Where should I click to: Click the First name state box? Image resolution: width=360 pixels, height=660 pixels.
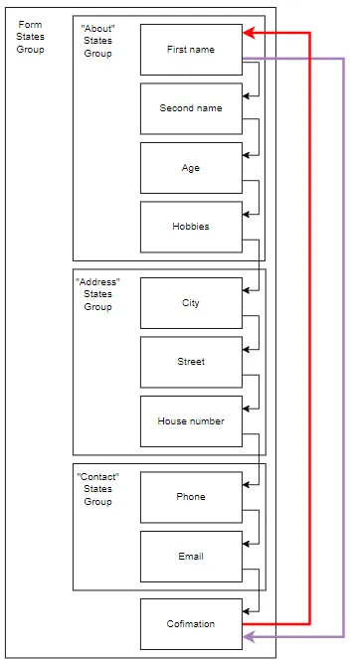click(x=191, y=49)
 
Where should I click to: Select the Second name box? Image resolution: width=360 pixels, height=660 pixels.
click(x=191, y=108)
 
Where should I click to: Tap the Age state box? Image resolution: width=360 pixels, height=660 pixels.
click(x=191, y=168)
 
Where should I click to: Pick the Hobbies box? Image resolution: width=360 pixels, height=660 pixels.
click(x=191, y=227)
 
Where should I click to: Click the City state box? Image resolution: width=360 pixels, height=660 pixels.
click(x=191, y=303)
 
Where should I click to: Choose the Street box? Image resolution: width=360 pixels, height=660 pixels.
click(x=191, y=362)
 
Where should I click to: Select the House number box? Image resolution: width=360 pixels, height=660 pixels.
click(x=191, y=421)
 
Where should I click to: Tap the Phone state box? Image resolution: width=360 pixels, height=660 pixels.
click(x=191, y=497)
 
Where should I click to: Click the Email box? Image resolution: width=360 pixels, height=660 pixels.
click(x=191, y=557)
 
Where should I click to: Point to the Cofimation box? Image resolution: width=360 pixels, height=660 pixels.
click(x=191, y=623)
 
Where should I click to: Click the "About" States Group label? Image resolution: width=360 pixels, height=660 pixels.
click(x=96, y=41)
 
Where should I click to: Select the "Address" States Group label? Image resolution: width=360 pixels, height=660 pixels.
click(x=97, y=294)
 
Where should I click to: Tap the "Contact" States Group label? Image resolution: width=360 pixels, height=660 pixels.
click(x=97, y=489)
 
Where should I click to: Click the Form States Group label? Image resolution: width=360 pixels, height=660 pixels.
click(x=31, y=37)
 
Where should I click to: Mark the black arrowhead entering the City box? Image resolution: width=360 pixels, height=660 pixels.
click(x=247, y=290)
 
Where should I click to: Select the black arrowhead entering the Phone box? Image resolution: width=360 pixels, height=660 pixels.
click(x=247, y=484)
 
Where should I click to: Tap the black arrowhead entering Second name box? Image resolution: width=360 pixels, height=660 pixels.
click(x=247, y=95)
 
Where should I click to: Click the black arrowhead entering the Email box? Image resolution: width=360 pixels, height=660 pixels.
click(x=247, y=544)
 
